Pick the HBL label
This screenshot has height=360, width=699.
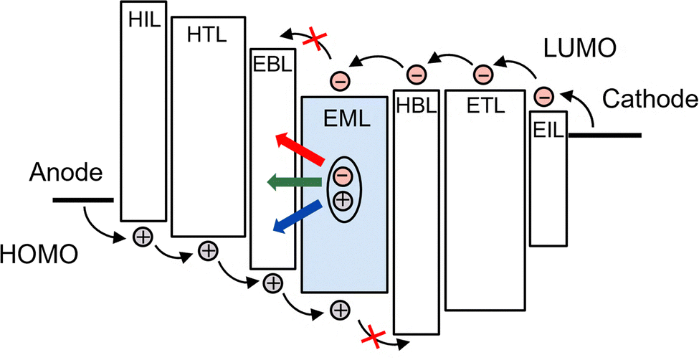click(x=416, y=105)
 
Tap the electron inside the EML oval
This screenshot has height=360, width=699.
click(x=343, y=176)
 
